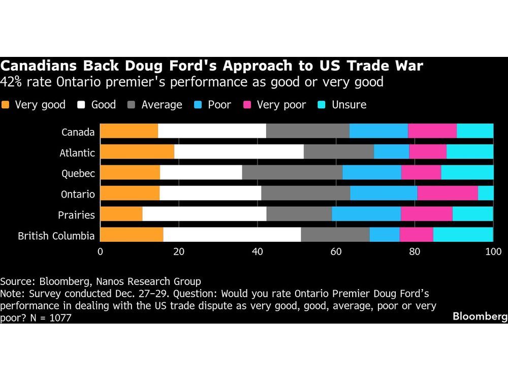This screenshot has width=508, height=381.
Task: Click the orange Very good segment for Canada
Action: tap(129, 131)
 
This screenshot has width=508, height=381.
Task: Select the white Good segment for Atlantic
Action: tap(239, 152)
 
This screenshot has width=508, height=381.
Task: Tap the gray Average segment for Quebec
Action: tap(292, 173)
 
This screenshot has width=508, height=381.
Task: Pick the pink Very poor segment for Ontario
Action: tap(448, 194)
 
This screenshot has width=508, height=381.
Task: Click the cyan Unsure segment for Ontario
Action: tap(486, 194)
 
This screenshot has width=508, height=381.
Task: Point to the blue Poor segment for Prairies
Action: tap(366, 214)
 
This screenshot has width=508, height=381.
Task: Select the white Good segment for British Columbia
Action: tap(232, 235)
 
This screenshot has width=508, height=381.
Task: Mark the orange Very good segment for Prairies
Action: tap(121, 214)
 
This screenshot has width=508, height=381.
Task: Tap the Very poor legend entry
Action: tap(281, 105)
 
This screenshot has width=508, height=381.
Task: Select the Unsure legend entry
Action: tap(348, 105)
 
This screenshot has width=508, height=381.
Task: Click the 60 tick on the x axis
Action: tap(336, 251)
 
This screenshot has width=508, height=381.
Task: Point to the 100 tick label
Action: tap(493, 251)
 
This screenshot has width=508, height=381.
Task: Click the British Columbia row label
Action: tap(56, 236)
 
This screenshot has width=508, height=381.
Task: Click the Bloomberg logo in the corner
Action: tap(480, 316)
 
